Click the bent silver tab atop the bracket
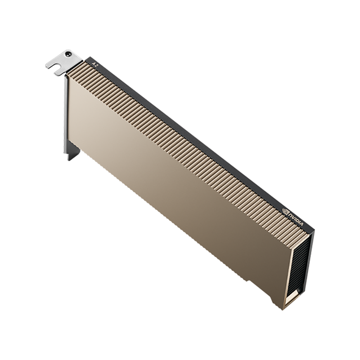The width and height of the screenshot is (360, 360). pos(63,62)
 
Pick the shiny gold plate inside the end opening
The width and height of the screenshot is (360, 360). pos(293,297)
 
